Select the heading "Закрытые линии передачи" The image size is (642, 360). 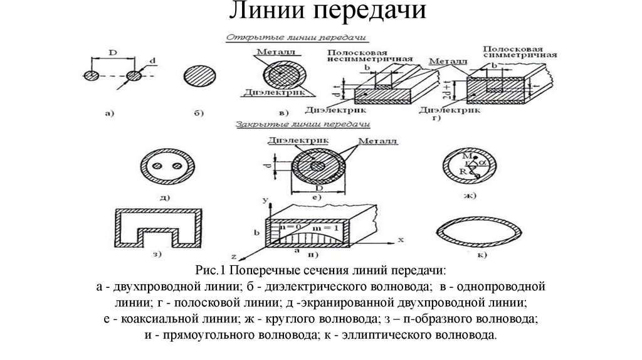[x=303, y=125]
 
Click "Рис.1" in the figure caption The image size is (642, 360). [x=210, y=271]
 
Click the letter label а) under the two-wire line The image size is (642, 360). [x=109, y=113]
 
